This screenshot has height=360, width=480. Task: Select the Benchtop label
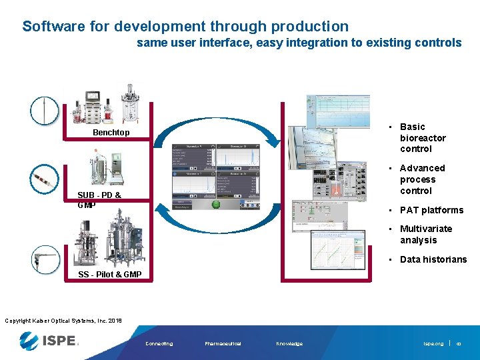[x=111, y=133]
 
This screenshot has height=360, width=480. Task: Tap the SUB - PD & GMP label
[x=99, y=199]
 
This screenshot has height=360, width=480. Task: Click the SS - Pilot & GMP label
[x=109, y=274]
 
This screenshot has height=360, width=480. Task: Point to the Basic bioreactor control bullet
[x=422, y=137]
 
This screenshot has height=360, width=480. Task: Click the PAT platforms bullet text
[x=431, y=210]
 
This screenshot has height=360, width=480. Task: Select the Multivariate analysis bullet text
[x=425, y=234]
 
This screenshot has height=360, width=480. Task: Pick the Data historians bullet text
[x=433, y=259]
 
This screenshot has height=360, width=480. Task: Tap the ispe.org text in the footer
[x=433, y=344]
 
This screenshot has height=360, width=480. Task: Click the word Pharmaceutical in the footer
[x=223, y=344]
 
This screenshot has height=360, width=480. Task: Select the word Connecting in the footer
[x=159, y=344]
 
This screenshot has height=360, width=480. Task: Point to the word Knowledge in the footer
[x=289, y=344]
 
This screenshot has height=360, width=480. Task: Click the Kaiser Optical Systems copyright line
[x=63, y=321]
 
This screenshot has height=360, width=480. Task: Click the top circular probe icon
[x=45, y=110]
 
